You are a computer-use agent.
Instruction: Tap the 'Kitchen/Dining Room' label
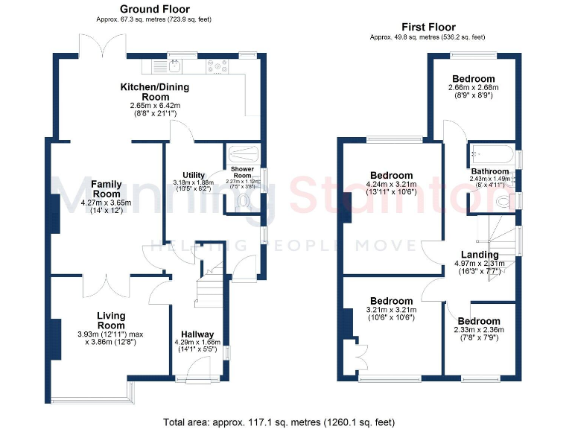coord(155,92)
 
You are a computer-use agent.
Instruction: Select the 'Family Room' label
coord(107,189)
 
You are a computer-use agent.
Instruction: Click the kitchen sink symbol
coord(172,67)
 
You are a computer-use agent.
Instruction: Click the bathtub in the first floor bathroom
coord(492,156)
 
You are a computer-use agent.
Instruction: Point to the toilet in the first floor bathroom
coord(504,201)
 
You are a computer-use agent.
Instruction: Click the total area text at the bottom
coord(279,422)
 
